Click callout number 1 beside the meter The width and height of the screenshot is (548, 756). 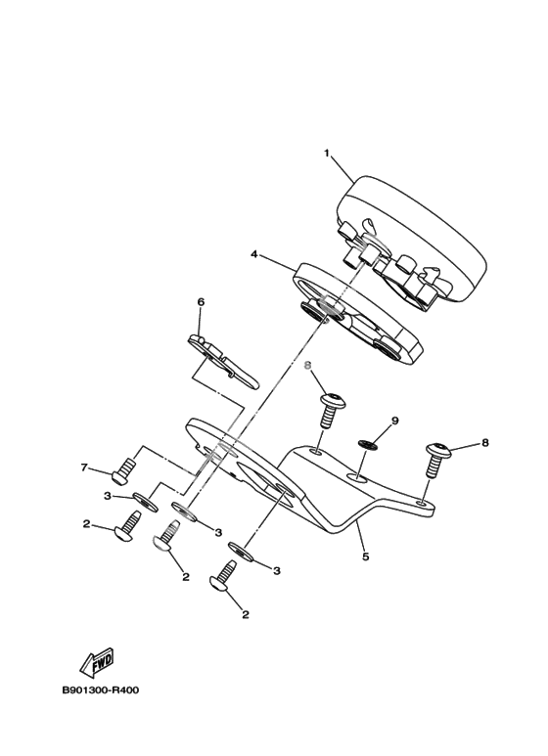[327, 154]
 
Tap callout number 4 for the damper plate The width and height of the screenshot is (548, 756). [254, 254]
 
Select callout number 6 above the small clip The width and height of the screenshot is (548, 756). [201, 302]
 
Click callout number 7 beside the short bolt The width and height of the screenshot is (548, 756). [84, 467]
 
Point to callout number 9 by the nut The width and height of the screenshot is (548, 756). [395, 421]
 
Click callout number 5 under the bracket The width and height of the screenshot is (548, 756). [366, 556]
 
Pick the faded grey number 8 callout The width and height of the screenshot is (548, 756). [307, 366]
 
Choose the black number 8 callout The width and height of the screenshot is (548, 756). [484, 442]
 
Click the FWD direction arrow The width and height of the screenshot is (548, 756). [97, 661]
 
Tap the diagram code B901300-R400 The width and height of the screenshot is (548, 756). [101, 689]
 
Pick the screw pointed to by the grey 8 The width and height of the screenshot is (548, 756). [332, 410]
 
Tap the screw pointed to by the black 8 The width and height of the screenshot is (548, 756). [437, 460]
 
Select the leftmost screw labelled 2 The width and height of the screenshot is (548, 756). [128, 527]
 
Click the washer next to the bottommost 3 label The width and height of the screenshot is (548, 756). [241, 552]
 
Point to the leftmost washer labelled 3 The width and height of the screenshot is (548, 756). [145, 502]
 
